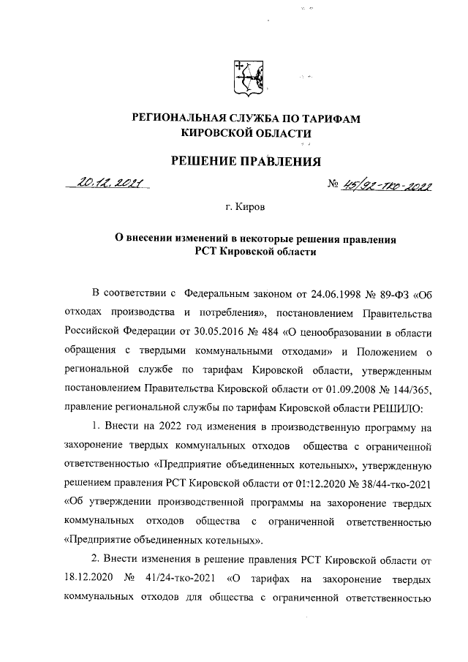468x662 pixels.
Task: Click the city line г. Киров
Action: click(x=245, y=207)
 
